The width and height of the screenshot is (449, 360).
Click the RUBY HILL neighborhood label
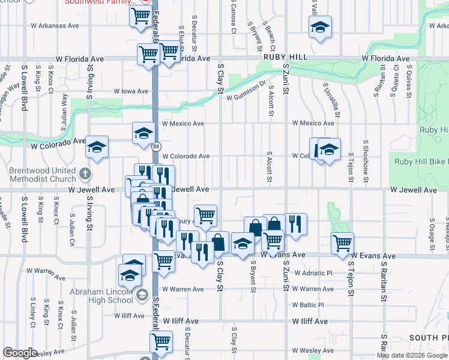286,56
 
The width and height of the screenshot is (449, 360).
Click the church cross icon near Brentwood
85,175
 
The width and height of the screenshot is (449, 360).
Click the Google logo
20,353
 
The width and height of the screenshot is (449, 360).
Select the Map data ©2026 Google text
412,355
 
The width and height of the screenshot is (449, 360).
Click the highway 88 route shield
155,146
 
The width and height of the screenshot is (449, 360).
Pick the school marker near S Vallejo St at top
320,27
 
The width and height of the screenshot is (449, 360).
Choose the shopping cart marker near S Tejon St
342,244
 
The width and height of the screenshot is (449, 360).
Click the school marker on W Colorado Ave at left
96,147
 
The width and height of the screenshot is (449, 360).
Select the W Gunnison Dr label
246,89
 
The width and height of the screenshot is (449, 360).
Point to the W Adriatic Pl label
312,273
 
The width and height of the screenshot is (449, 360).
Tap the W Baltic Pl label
308,305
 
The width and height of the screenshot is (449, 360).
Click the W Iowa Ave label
131,91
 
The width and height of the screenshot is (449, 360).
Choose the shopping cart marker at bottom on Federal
161,341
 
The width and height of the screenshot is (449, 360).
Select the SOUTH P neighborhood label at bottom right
427,338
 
